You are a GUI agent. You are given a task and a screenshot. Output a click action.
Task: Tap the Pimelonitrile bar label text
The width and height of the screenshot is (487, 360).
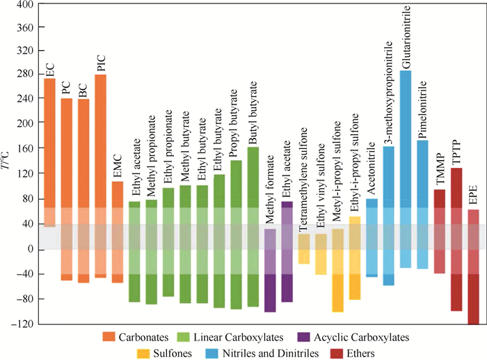(422, 111)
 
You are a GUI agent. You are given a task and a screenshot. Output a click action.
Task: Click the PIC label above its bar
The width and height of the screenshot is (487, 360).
(101, 64)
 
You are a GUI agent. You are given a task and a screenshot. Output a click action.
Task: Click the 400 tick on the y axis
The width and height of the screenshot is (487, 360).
(26, 5)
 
